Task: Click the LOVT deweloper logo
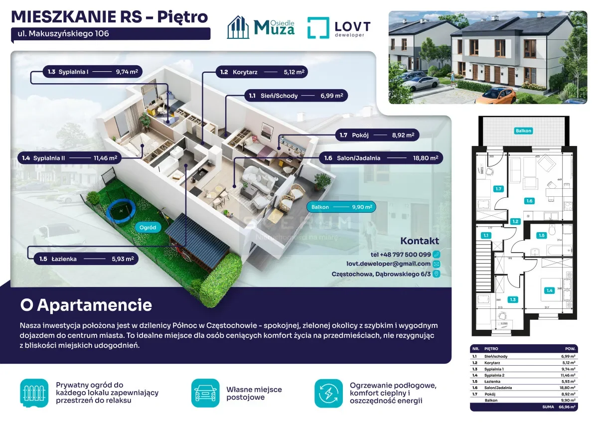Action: tap(339, 27)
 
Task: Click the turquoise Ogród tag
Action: tap(148, 227)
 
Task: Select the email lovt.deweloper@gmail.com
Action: tap(388, 264)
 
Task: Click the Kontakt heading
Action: tap(420, 241)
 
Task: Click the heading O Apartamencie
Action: tap(86, 304)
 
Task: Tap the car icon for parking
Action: tap(205, 393)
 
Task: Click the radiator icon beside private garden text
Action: tap(34, 393)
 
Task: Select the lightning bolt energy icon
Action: tap(328, 393)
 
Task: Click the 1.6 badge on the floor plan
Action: tap(529, 201)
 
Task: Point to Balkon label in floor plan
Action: tap(523, 131)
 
